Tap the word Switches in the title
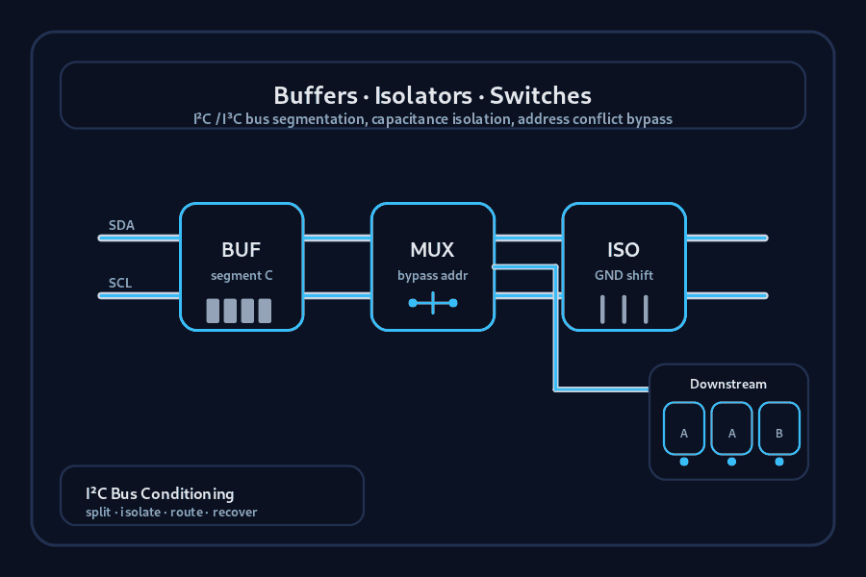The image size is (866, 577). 541,95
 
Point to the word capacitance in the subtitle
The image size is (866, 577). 417,119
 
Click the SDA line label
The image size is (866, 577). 121,226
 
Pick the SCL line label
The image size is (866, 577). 120,283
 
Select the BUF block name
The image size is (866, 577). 242,250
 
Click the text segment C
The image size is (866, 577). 242,276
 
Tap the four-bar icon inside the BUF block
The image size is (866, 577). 239,311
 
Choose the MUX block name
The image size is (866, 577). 432,250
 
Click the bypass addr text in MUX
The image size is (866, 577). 432,276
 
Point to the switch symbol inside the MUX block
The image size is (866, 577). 432,303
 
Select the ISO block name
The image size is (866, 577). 624,250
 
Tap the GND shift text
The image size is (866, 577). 624,276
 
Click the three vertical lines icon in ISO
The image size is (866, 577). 624,310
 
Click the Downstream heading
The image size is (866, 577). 728,385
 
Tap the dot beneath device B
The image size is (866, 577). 779,462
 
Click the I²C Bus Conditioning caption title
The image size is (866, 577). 160,493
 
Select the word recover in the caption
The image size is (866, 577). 235,512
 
